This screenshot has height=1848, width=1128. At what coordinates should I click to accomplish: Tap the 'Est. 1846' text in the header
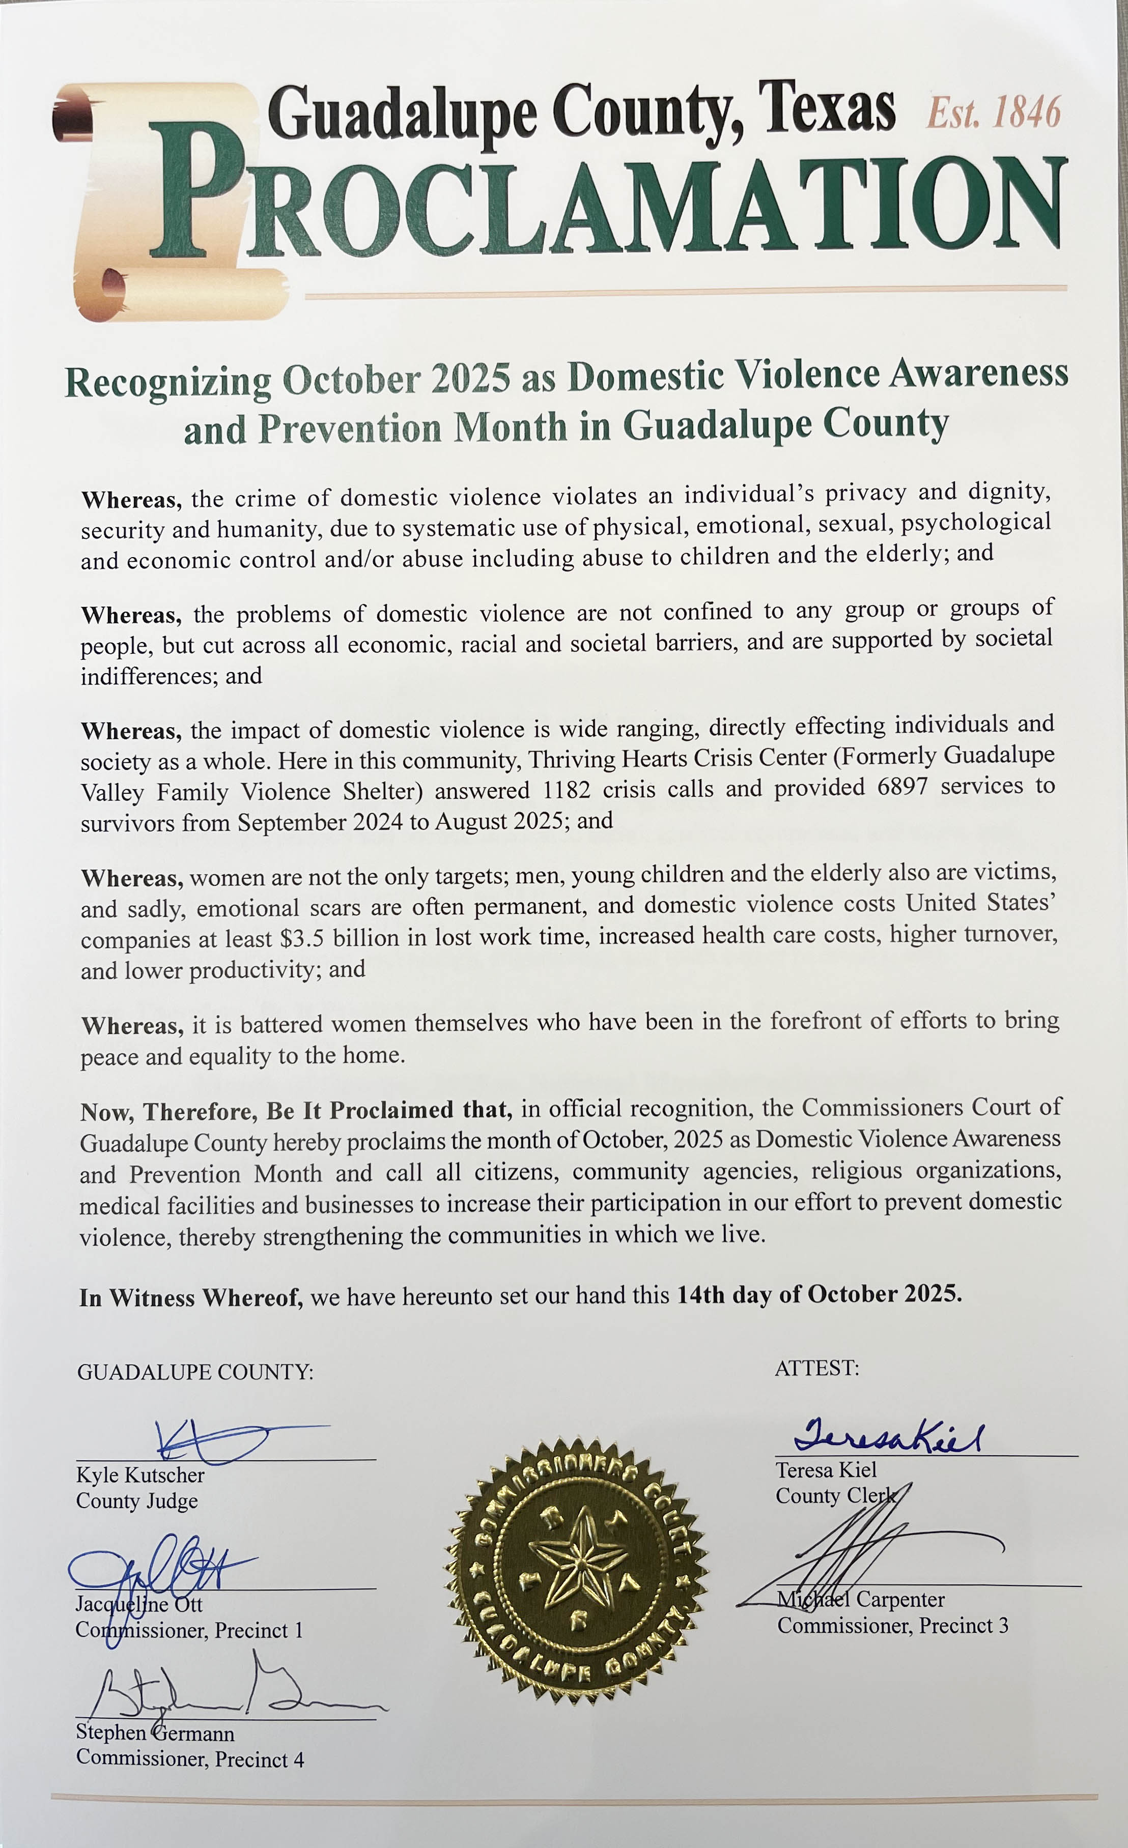993,114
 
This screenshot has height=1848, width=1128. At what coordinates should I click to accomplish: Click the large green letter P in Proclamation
196,191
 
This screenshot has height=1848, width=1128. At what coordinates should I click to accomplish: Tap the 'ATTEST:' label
816,1368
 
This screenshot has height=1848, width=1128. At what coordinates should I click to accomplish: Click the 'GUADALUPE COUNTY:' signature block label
195,1372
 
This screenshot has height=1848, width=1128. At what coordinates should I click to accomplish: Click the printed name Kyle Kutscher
140,1475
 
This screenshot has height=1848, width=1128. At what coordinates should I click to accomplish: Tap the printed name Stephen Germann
155,1733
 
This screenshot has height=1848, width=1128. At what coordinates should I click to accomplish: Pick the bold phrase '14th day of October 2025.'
819,1294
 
